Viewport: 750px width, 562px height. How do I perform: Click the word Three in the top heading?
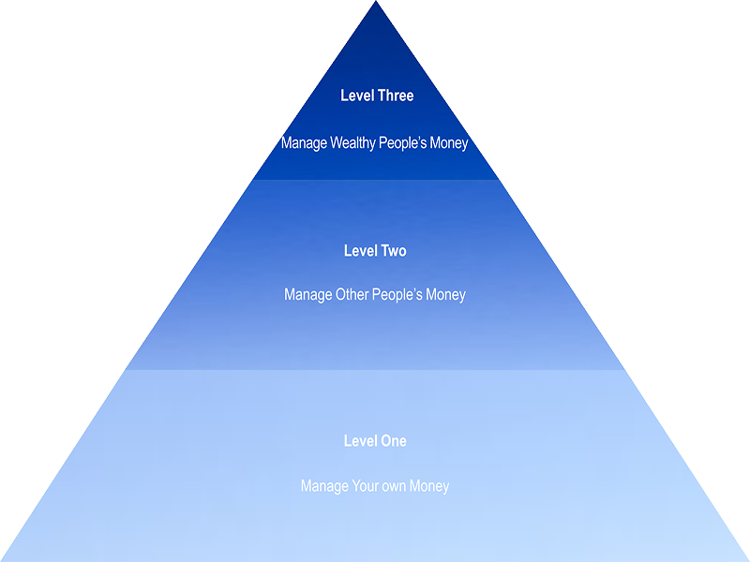point(395,96)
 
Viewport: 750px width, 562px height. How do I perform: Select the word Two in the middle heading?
point(394,251)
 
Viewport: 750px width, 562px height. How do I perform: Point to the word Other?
point(352,295)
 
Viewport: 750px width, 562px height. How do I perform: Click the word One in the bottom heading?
point(393,441)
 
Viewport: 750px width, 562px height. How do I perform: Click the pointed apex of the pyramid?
point(376,4)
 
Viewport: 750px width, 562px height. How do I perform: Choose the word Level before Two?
point(361,251)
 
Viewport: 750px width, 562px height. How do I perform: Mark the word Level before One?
point(361,441)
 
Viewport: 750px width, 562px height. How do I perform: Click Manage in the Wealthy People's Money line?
point(305,143)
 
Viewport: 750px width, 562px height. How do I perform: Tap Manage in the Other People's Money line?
point(307,295)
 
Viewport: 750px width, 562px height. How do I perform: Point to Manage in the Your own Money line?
point(323,486)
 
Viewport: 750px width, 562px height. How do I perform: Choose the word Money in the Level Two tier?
point(445,295)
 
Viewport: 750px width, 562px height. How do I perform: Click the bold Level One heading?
point(375,441)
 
